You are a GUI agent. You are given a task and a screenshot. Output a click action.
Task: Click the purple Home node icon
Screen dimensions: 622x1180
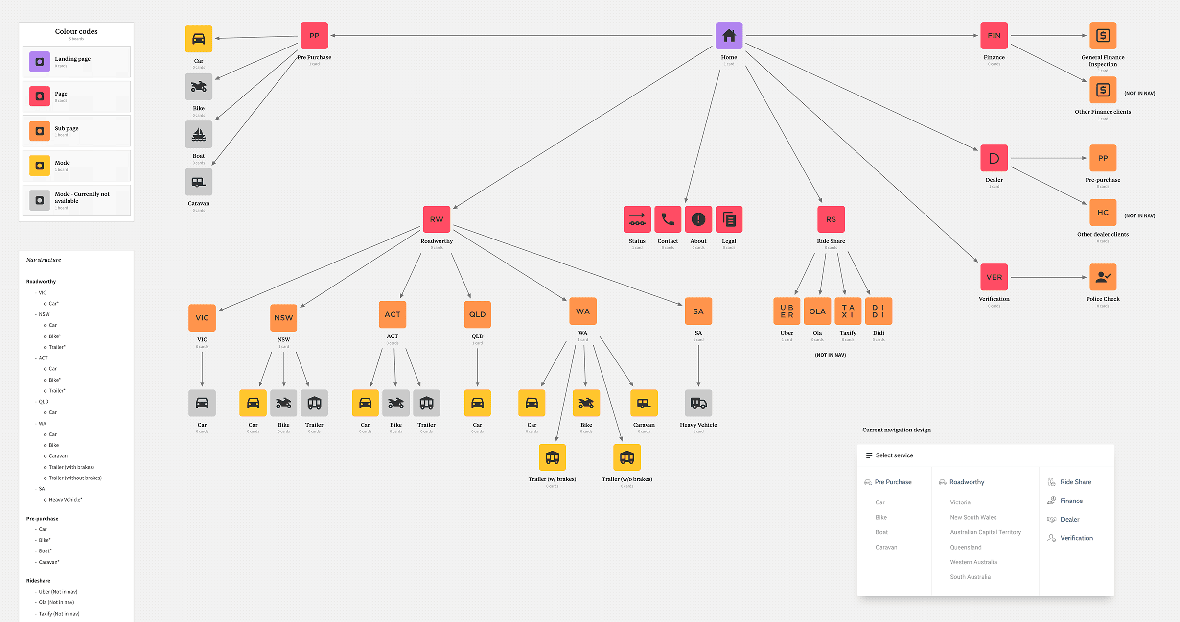(729, 36)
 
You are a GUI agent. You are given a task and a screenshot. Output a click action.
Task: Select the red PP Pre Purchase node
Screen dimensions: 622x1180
(314, 36)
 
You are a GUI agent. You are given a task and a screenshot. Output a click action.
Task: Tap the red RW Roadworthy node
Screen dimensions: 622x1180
(436, 219)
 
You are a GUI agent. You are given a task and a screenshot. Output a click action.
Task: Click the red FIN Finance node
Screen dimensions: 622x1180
(994, 36)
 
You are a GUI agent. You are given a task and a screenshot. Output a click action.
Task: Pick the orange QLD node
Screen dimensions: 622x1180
(477, 314)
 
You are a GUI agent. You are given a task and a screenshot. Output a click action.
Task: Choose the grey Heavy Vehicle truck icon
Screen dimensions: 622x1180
(698, 403)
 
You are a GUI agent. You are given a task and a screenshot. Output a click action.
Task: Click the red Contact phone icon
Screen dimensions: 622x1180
(668, 219)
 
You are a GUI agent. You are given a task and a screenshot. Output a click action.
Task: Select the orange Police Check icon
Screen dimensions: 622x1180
(1102, 277)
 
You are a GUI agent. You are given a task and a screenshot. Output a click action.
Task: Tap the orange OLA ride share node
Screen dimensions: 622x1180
(817, 311)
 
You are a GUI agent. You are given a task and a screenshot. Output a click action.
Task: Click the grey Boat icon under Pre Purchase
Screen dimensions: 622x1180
(199, 134)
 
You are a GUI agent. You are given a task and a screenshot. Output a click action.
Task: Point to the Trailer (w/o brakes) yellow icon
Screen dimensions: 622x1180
(626, 457)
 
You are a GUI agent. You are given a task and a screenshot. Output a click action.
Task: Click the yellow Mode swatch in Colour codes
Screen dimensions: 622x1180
(40, 166)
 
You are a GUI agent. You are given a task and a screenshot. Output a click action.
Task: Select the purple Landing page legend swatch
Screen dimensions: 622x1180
(40, 62)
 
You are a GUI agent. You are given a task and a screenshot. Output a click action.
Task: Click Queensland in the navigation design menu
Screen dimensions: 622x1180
(965, 547)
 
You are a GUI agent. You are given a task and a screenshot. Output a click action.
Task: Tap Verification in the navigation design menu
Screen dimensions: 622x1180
(1076, 538)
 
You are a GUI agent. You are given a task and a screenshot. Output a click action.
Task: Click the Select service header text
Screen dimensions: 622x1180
(894, 455)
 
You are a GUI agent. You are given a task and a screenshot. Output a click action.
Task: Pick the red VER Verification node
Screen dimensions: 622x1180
(994, 277)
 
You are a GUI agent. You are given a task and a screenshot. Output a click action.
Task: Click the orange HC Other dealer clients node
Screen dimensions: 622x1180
(1102, 213)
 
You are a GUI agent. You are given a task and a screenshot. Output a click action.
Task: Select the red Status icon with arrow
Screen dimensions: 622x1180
(637, 219)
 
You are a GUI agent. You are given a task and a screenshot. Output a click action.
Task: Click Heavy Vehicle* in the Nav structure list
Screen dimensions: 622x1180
(65, 500)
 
